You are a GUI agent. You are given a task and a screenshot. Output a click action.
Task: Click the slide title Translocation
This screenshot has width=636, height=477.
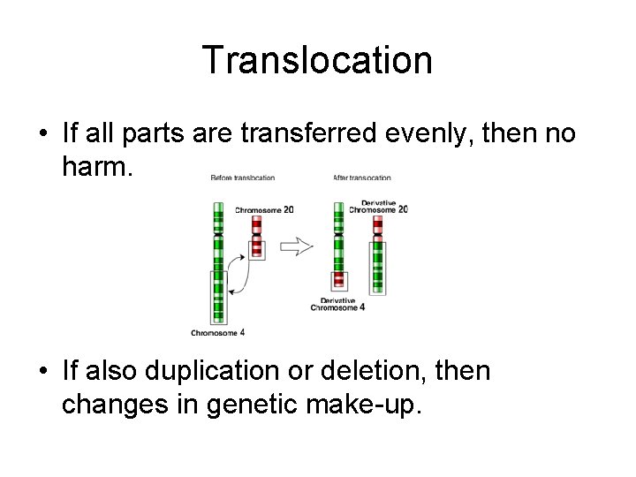[x=317, y=60]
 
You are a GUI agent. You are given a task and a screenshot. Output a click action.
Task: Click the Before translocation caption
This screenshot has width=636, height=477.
[x=242, y=178]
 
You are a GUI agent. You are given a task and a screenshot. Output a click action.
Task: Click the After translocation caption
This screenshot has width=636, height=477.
[x=361, y=178]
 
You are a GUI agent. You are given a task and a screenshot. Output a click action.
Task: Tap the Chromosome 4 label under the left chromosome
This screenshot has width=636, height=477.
[x=217, y=332]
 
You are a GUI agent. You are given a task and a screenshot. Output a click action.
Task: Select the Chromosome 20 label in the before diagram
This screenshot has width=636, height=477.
[x=264, y=210]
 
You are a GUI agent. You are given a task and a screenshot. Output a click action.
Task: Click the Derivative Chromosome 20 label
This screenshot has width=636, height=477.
[x=377, y=206]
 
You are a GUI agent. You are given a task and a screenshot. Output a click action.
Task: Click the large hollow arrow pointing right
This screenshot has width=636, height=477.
[x=297, y=246]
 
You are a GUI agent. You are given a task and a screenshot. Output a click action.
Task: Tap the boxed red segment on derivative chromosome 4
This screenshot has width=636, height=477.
[x=337, y=280]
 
